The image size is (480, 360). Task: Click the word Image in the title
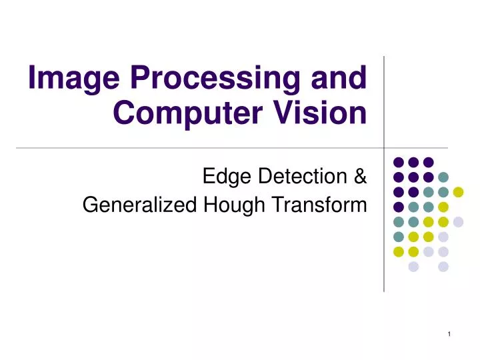64,79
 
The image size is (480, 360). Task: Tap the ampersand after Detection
360,177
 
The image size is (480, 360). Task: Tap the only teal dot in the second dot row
443,177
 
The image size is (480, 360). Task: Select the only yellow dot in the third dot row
458,192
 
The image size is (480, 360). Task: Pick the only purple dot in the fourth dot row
398,207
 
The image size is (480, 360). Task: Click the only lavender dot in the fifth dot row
458,222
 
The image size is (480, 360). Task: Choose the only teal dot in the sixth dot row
398,237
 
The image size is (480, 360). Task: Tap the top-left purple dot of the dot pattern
398,161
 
